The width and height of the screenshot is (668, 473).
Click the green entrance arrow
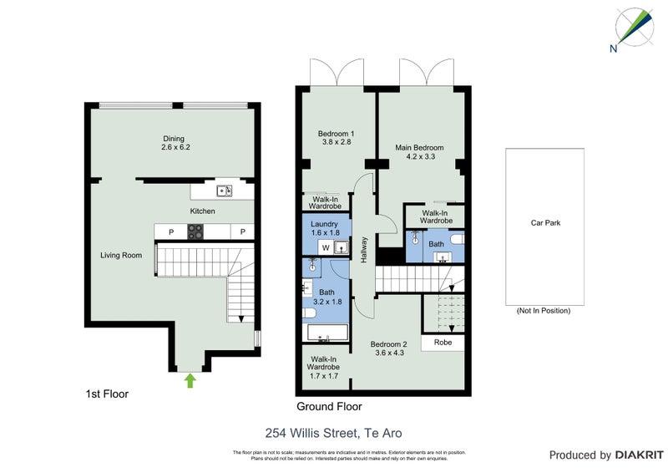(190, 381)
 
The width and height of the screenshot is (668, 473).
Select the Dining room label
(173, 143)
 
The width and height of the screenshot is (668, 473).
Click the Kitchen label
(202, 211)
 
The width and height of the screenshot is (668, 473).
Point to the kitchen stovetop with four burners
(195, 232)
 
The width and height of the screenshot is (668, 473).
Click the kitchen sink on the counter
(225, 191)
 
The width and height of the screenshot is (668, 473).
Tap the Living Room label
(121, 256)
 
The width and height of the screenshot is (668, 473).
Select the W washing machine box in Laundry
(321, 248)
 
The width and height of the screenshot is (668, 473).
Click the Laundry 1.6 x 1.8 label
(324, 229)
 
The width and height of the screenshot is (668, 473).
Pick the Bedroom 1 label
(337, 138)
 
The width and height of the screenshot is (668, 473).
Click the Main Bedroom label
(419, 152)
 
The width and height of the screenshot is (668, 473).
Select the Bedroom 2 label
(388, 348)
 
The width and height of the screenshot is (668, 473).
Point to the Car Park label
(544, 223)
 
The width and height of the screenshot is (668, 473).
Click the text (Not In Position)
(544, 311)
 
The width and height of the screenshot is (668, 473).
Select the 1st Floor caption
(108, 393)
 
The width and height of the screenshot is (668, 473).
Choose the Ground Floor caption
(329, 407)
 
